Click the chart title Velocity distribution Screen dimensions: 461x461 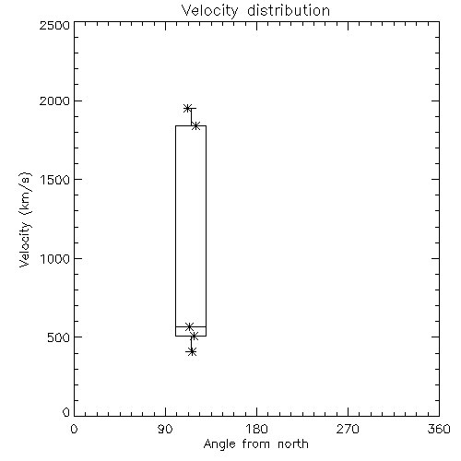255,10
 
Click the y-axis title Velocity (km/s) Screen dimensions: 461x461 25,219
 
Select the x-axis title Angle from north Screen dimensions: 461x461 255,444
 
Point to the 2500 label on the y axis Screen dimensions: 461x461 54,25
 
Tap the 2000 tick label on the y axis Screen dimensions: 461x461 54,100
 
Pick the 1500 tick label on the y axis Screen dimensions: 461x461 55,180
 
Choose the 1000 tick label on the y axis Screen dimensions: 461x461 55,259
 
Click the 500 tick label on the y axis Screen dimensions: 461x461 59,337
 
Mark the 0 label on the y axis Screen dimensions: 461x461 66,412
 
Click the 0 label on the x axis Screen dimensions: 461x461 74,429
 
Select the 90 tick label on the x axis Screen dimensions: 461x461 165,429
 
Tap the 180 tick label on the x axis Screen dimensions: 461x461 255,429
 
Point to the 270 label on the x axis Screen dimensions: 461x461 348,429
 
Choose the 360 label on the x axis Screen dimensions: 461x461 439,429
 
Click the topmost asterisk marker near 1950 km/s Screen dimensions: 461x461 187,108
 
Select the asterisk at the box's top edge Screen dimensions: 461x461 195,125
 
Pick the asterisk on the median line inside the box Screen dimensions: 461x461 189,326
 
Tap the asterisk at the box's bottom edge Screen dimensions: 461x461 194,337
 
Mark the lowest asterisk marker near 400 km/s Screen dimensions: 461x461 192,352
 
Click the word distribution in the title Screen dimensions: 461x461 289,10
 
